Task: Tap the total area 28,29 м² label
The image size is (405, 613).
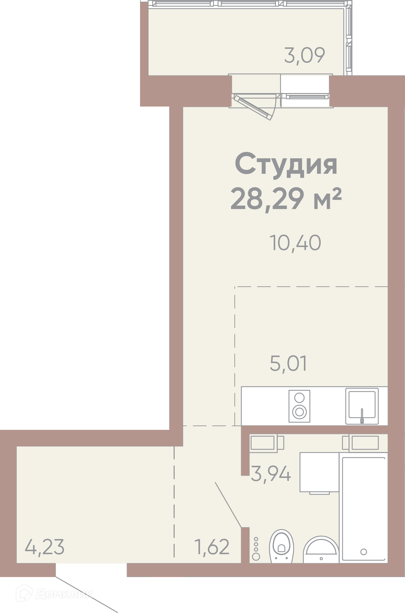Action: click(286, 199)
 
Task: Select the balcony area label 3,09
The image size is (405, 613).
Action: click(305, 55)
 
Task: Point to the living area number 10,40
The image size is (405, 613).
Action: click(295, 243)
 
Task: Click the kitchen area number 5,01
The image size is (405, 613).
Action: click(288, 364)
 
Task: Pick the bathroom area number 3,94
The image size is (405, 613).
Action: click(271, 474)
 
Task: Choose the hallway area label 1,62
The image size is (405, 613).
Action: click(212, 547)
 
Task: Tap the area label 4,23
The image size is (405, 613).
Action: click(45, 547)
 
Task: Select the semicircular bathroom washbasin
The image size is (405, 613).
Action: click(321, 550)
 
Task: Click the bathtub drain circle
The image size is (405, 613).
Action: click(363, 552)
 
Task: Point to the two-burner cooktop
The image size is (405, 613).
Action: click(299, 406)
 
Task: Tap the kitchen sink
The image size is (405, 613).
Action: click(362, 406)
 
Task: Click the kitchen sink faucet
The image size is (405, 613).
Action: click(362, 416)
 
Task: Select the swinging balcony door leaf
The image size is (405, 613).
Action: click(253, 107)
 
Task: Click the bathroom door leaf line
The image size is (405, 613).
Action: click(228, 505)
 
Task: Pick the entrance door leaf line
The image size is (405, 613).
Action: click(87, 595)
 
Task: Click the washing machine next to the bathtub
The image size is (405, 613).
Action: click(319, 473)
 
